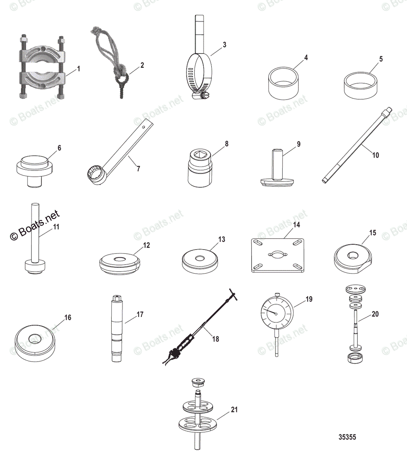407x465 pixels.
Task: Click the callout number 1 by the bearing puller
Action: tap(78, 69)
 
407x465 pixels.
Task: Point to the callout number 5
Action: tap(381, 59)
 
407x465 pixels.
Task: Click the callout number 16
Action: tap(67, 318)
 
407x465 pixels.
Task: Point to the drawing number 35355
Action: tap(347, 437)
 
